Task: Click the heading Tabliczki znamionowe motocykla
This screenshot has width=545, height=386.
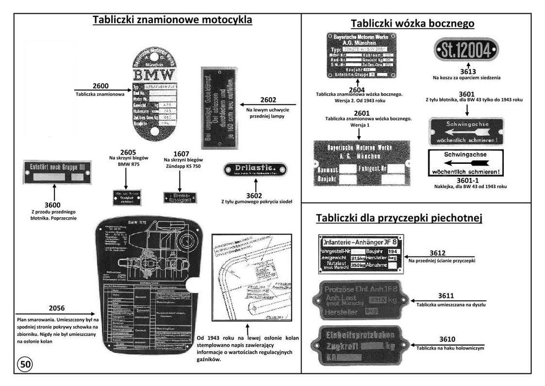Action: (172, 20)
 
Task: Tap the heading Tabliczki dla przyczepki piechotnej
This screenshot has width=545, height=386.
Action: (399, 218)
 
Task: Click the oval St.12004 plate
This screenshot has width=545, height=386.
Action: (466, 51)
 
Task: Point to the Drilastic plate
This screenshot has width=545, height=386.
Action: (255, 169)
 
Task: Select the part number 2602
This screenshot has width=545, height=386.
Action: (268, 100)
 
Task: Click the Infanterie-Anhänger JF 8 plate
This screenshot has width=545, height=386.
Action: (361, 254)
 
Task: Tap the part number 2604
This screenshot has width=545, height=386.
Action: (356, 89)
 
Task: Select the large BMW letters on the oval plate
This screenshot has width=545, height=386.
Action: (154, 74)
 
